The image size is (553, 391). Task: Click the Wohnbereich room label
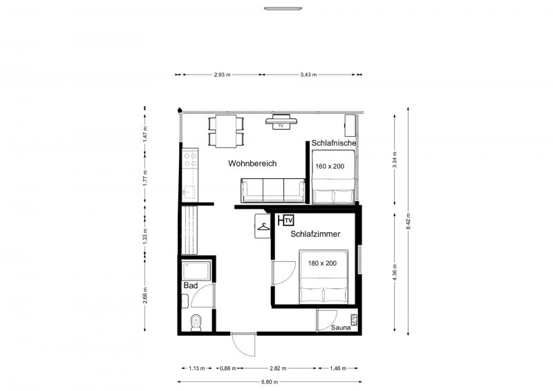click(x=252, y=164)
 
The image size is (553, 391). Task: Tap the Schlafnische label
click(x=334, y=143)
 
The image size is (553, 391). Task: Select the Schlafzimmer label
click(x=315, y=234)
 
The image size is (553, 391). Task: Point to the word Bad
click(x=191, y=285)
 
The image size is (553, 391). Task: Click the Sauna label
click(x=341, y=327)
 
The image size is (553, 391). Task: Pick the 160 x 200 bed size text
click(x=330, y=166)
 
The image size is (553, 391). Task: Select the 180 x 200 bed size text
click(x=322, y=263)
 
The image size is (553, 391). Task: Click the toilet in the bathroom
click(x=196, y=323)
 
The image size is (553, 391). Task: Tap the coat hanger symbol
click(x=263, y=227)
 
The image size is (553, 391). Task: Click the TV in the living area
click(x=281, y=122)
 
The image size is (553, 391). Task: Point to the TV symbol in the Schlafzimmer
click(x=288, y=220)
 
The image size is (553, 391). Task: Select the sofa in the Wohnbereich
click(x=272, y=191)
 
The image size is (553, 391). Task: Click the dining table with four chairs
click(x=226, y=131)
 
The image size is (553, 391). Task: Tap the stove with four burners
click(x=190, y=160)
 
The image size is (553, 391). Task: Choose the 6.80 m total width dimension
click(x=270, y=382)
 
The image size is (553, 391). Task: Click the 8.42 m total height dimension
click(x=409, y=222)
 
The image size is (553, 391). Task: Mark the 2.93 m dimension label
click(x=222, y=75)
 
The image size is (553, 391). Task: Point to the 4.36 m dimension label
click(x=395, y=273)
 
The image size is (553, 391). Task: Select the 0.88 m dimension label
click(x=228, y=369)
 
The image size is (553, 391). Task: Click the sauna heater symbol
click(x=354, y=320)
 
